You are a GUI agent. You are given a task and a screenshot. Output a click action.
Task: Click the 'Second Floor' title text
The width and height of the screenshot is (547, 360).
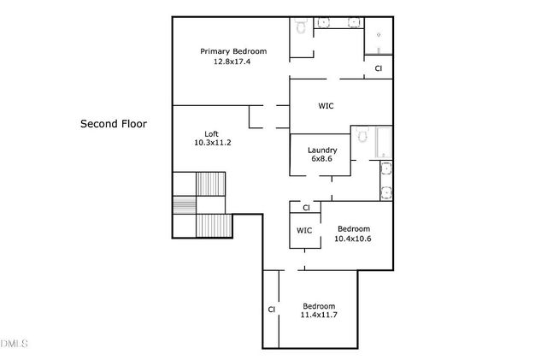point(114,124)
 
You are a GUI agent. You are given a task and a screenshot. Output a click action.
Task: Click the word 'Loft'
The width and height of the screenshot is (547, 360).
point(212,133)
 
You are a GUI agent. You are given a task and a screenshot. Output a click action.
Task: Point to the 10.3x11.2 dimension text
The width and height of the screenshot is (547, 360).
point(212,143)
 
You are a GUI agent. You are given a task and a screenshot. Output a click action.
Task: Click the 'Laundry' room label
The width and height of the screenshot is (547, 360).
point(321,150)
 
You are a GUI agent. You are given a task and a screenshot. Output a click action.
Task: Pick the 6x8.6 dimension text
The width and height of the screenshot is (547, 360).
point(321,159)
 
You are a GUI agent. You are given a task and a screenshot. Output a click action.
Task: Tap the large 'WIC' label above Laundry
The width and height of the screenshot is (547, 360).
point(326,106)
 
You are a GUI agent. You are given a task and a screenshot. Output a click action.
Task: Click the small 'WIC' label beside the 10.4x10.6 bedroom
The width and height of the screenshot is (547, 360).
point(304,231)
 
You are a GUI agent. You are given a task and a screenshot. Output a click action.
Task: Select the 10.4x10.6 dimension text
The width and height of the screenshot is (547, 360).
point(353,239)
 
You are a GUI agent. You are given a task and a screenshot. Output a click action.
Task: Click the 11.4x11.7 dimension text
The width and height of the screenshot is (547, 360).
point(318,316)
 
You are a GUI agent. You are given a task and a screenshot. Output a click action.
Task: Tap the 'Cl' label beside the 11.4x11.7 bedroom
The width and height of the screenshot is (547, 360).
point(271,310)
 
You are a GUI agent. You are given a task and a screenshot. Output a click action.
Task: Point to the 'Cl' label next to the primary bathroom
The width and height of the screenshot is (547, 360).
point(378,68)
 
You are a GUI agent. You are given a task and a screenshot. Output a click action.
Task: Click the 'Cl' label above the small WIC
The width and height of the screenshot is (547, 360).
point(305,207)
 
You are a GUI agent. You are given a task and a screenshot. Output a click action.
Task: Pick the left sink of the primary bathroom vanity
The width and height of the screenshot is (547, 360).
point(326,23)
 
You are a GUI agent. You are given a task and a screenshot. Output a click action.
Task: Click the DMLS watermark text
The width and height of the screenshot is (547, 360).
point(13,344)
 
